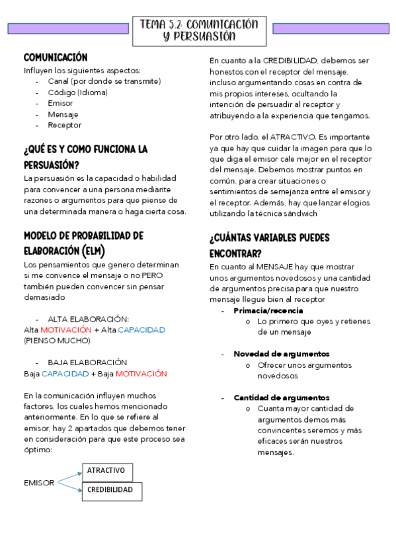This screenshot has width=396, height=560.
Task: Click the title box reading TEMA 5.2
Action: click(199, 30)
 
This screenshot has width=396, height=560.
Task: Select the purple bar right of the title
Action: click(330, 28)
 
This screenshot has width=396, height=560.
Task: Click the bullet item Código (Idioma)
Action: click(73, 92)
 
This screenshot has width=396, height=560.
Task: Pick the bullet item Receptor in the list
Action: click(64, 125)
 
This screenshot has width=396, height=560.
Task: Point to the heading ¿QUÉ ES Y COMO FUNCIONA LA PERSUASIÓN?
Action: click(85, 157)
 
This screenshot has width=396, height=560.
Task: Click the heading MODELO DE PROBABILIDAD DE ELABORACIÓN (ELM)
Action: click(83, 243)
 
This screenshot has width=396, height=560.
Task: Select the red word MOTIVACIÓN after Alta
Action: click(65, 330)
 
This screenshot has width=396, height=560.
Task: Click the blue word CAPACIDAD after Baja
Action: click(65, 374)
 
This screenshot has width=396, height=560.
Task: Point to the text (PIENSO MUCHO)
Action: click(57, 341)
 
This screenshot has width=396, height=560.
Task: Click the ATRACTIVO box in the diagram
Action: click(106, 471)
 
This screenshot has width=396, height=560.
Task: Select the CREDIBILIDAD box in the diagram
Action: click(111, 490)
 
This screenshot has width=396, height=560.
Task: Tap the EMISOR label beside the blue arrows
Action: click(39, 483)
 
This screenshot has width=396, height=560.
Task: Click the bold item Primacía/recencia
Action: click(268, 310)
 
